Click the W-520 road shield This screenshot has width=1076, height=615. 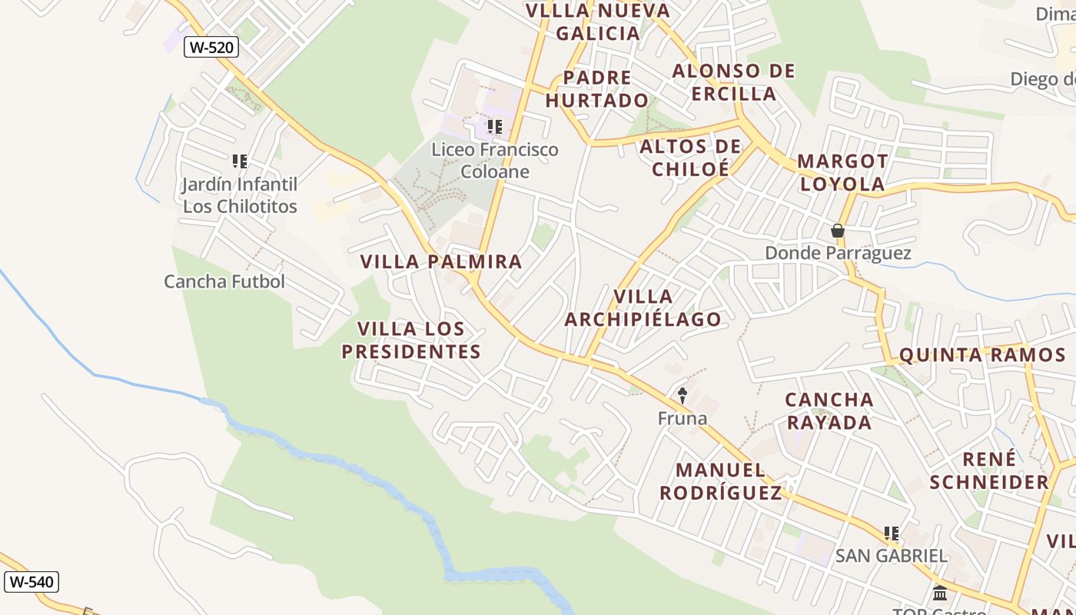point(211,47)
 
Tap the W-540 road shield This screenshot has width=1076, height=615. point(32,582)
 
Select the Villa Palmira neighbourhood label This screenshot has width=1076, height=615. point(441,261)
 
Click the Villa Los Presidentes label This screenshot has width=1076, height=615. point(411,341)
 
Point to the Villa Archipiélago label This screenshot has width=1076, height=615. point(643,307)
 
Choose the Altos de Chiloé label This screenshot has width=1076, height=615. point(690,158)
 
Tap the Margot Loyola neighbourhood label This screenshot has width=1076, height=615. point(842,173)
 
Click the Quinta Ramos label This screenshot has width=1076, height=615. point(981,354)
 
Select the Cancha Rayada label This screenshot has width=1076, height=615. point(829,411)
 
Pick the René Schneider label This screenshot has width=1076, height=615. point(989,470)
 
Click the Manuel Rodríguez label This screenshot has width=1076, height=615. point(720,481)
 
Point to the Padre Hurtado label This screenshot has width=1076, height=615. point(597,89)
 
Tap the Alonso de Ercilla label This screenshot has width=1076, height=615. point(733,82)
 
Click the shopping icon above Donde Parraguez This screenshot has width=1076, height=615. point(838,231)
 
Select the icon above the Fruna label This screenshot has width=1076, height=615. point(682,396)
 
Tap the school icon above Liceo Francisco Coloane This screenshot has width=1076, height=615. point(494,126)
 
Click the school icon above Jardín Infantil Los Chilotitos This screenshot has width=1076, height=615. point(240,161)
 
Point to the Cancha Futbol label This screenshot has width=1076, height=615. point(224,281)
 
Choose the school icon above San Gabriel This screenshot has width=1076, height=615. point(892,533)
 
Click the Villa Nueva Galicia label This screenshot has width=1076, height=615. point(598,22)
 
